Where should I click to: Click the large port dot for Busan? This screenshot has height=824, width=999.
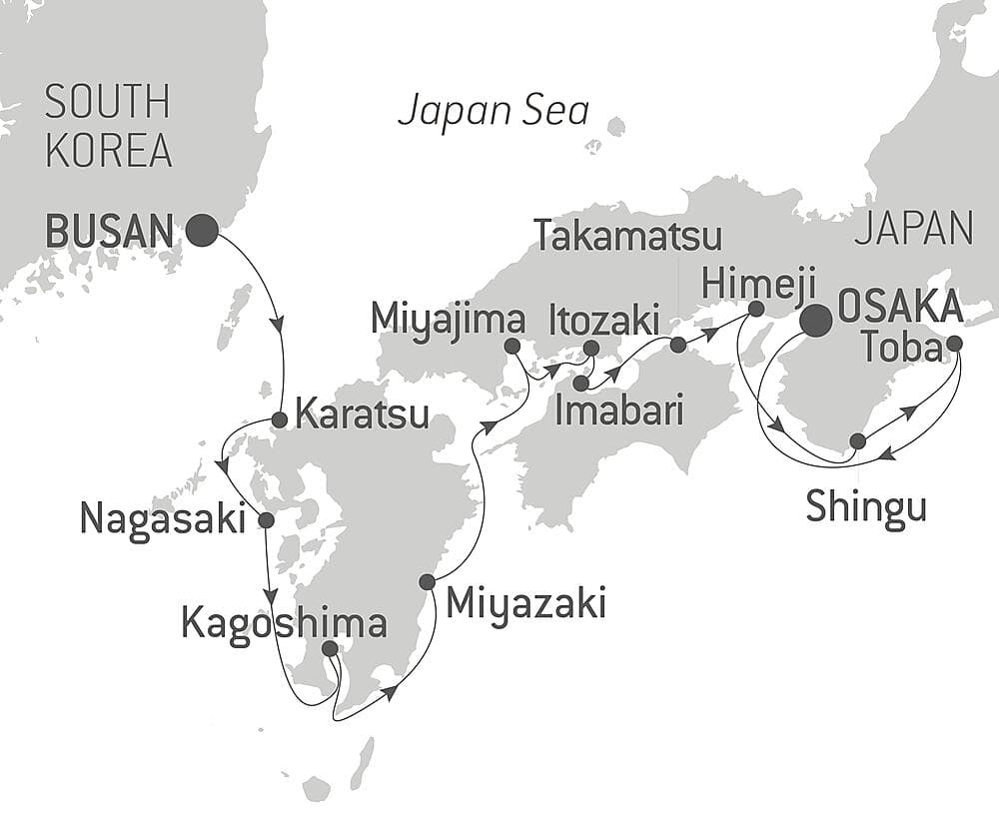click(x=202, y=231)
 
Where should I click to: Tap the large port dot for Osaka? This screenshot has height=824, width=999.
click(x=816, y=320)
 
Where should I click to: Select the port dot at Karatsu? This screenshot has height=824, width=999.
click(x=281, y=420)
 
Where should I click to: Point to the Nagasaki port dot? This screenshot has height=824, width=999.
click(x=266, y=520)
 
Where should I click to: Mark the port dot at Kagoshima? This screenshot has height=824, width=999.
click(x=330, y=649)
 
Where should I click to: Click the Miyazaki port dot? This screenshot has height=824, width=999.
click(x=428, y=581)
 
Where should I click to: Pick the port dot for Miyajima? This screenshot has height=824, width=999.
click(x=512, y=347)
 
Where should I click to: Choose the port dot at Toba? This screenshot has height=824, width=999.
click(x=954, y=344)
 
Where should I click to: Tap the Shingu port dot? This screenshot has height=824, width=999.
click(x=857, y=441)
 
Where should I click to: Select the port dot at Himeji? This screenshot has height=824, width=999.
click(x=756, y=309)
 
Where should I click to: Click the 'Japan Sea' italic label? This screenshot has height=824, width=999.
click(x=494, y=110)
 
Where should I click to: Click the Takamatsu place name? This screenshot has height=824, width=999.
click(x=627, y=237)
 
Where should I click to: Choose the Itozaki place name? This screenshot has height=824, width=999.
click(x=604, y=321)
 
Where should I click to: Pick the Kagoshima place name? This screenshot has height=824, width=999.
click(x=284, y=623)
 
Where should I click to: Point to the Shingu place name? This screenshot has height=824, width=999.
click(x=866, y=507)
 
